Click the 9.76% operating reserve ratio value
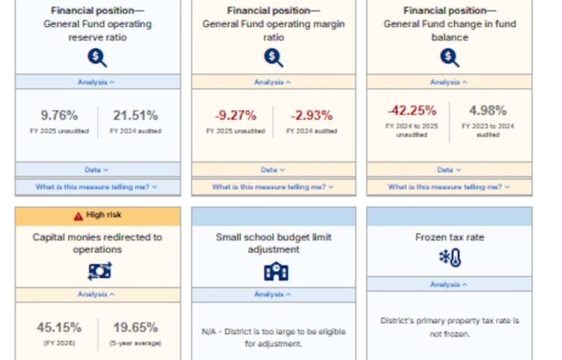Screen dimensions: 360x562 point(59,115)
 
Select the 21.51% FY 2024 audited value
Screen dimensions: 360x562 point(136,115)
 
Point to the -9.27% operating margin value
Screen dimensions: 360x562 point(235,115)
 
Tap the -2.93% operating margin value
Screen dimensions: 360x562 point(312,115)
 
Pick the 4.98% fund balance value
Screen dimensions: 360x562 point(488,110)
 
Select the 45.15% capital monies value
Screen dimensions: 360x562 point(59,327)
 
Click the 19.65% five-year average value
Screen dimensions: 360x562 point(136,327)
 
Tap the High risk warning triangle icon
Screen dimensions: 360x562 point(78,216)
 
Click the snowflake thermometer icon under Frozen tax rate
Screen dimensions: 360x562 point(450,259)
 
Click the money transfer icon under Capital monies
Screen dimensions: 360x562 point(98,271)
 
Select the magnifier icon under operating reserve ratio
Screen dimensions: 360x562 point(98,57)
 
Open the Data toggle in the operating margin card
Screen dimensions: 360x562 point(274,170)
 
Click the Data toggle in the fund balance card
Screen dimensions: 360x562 point(450,170)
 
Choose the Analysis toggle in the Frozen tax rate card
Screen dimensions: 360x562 point(450,285)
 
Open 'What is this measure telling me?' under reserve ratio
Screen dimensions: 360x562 point(98,187)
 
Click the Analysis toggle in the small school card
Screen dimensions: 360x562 point(274,295)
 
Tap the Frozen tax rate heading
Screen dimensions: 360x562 point(450,238)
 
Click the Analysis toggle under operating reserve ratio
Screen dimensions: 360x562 point(98,82)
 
